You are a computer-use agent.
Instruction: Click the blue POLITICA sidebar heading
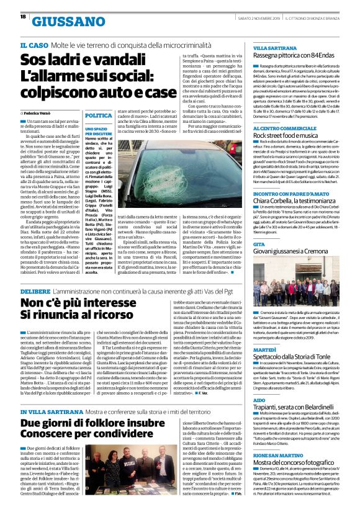(x=97, y=116)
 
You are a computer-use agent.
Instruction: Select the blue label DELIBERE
(x=38, y=290)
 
